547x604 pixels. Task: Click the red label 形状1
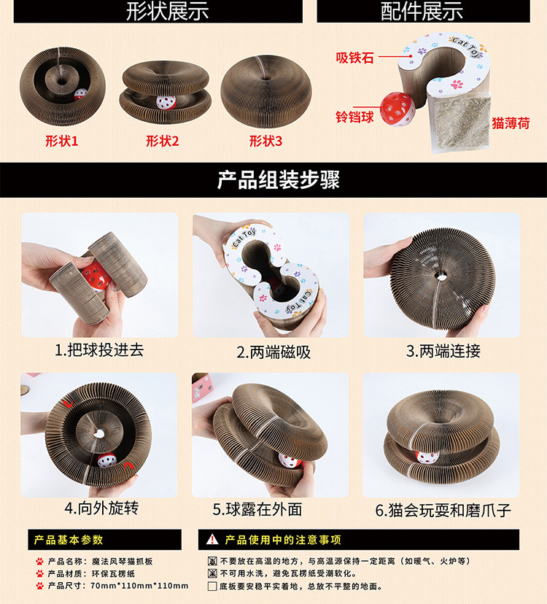62,141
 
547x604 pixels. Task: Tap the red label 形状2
163,141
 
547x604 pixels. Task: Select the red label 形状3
265,141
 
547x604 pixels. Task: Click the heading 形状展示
167,11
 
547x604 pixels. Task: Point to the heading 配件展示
422,11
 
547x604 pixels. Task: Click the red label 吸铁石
354,58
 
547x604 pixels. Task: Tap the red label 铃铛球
354,117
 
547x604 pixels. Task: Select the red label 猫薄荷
511,123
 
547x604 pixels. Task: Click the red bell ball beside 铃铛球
397,109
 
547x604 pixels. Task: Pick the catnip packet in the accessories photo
459,123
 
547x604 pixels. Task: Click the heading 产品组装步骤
278,180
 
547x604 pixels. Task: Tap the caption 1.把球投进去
99,350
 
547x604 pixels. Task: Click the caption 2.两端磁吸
273,352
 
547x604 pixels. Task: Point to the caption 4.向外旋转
101,508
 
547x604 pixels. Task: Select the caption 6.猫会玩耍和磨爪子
443,511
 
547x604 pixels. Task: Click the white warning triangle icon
212,539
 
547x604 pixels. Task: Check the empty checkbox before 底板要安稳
212,586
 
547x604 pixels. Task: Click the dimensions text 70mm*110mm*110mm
139,586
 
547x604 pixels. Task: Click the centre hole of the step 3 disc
441,276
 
